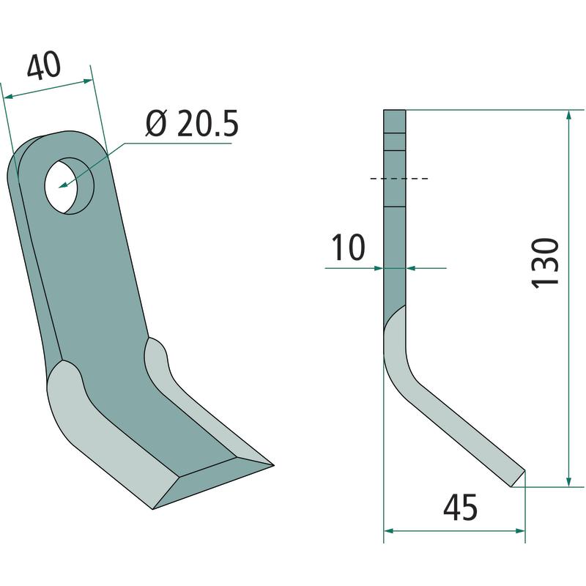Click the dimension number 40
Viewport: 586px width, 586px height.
coord(44,66)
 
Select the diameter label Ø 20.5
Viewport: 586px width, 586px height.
coord(192,123)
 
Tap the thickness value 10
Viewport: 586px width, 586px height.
coord(348,247)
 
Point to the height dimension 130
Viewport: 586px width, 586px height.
coord(545,263)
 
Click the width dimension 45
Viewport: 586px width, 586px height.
coord(460,508)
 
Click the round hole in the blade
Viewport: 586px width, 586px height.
coord(69,186)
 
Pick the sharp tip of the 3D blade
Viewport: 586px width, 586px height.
coord(272,465)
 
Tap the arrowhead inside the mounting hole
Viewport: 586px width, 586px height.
coord(64,185)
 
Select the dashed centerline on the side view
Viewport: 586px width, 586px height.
coord(398,179)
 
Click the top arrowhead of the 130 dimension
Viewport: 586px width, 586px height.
coord(569,115)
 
